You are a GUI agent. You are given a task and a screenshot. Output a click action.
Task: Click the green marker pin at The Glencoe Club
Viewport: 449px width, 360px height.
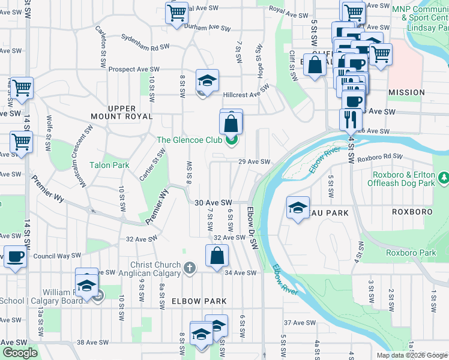point(231,141)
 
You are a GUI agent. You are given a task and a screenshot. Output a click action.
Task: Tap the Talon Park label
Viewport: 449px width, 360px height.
point(109,165)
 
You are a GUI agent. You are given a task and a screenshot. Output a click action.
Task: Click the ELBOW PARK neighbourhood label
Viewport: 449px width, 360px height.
point(199,301)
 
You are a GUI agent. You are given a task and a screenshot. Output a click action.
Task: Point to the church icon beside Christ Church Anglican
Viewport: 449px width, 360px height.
point(190,268)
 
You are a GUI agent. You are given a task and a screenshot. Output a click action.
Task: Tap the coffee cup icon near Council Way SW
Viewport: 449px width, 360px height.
point(16,256)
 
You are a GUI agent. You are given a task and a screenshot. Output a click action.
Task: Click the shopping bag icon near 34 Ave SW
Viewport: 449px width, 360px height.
point(217,256)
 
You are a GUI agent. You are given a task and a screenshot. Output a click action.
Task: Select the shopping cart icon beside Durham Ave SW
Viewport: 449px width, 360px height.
point(176,13)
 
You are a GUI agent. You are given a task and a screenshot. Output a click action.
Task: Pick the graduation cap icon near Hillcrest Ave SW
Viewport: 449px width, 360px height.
point(207,80)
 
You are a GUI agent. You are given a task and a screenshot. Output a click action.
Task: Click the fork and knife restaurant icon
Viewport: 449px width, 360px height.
point(351,119)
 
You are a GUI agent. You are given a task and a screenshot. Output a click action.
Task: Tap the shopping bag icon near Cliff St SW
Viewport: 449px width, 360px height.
point(315,64)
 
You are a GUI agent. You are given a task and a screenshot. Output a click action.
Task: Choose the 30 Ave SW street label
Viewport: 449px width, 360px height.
point(213,203)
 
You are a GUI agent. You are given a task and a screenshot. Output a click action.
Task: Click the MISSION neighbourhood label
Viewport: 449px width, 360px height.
point(406,92)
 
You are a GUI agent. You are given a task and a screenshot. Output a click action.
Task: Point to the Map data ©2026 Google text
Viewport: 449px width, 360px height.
point(412,355)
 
